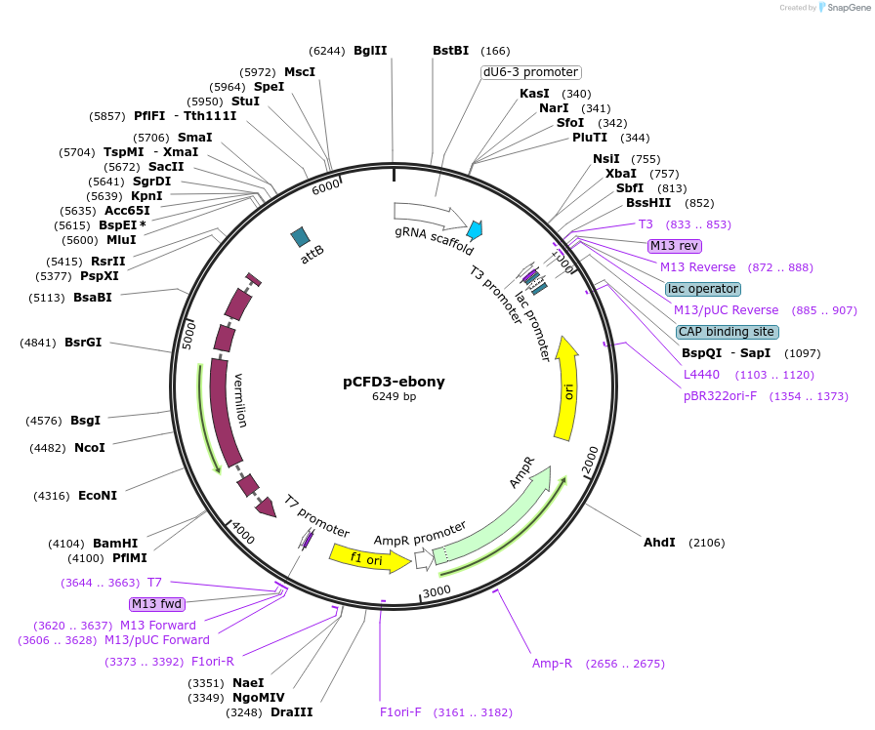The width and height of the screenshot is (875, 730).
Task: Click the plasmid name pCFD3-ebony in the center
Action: pos(394,382)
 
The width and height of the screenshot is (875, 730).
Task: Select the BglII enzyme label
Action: pos(370,51)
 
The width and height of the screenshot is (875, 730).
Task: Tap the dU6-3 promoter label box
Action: pos(531,72)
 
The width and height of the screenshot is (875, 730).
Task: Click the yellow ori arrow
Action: pos(566,390)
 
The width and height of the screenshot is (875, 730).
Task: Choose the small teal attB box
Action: pos(301,236)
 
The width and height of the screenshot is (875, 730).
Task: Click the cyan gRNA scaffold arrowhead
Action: pos(476,230)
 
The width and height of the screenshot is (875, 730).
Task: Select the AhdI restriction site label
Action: pos(659,542)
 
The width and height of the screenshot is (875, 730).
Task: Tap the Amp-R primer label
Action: pos(552,664)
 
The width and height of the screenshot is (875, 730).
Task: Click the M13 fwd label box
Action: pos(156,604)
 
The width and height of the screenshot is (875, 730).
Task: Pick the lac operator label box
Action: pos(703,289)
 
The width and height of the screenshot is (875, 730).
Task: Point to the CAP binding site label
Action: pos(728,332)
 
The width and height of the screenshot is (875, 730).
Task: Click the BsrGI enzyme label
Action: pos(83,343)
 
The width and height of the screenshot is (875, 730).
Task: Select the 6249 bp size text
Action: pos(394,397)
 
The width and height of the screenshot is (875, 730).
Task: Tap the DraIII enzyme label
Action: pos(291,712)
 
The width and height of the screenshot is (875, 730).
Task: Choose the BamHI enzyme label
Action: pos(115,544)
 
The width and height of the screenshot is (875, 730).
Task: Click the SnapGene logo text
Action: pos(847,8)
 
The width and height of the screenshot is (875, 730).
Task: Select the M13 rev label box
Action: pos(674,246)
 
